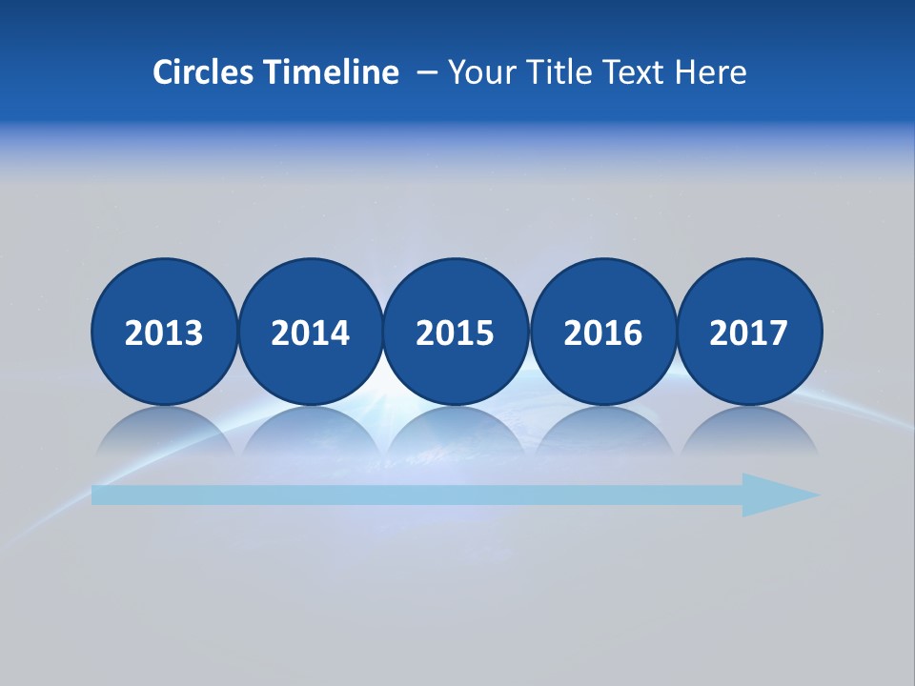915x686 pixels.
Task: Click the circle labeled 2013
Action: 164,332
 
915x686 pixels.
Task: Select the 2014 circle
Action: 310,332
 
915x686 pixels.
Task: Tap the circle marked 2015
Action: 456,332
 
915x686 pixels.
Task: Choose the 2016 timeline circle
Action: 602,332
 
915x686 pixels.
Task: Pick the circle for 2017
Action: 749,332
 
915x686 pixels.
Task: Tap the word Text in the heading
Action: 639,72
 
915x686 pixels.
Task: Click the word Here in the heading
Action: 712,72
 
